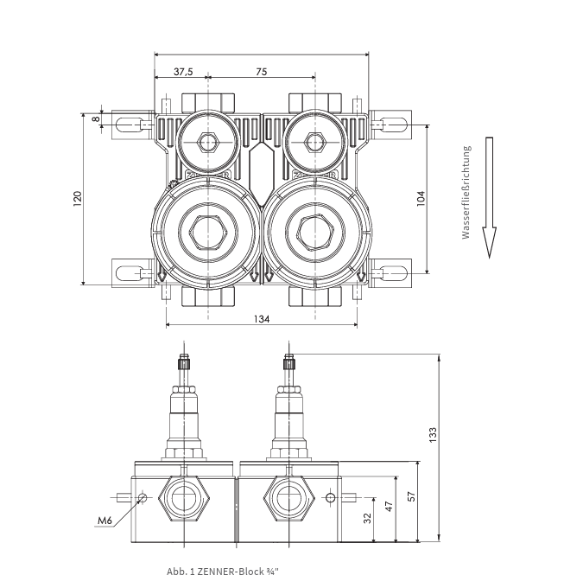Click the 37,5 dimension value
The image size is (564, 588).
182,72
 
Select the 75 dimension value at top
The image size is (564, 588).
261,72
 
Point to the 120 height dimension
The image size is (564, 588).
77,199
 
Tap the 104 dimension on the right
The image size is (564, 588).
421,199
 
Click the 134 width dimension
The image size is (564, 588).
262,319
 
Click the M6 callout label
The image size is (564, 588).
105,521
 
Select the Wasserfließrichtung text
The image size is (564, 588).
466,192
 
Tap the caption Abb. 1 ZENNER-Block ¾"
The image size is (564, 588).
223,572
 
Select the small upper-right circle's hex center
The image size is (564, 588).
314,140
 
